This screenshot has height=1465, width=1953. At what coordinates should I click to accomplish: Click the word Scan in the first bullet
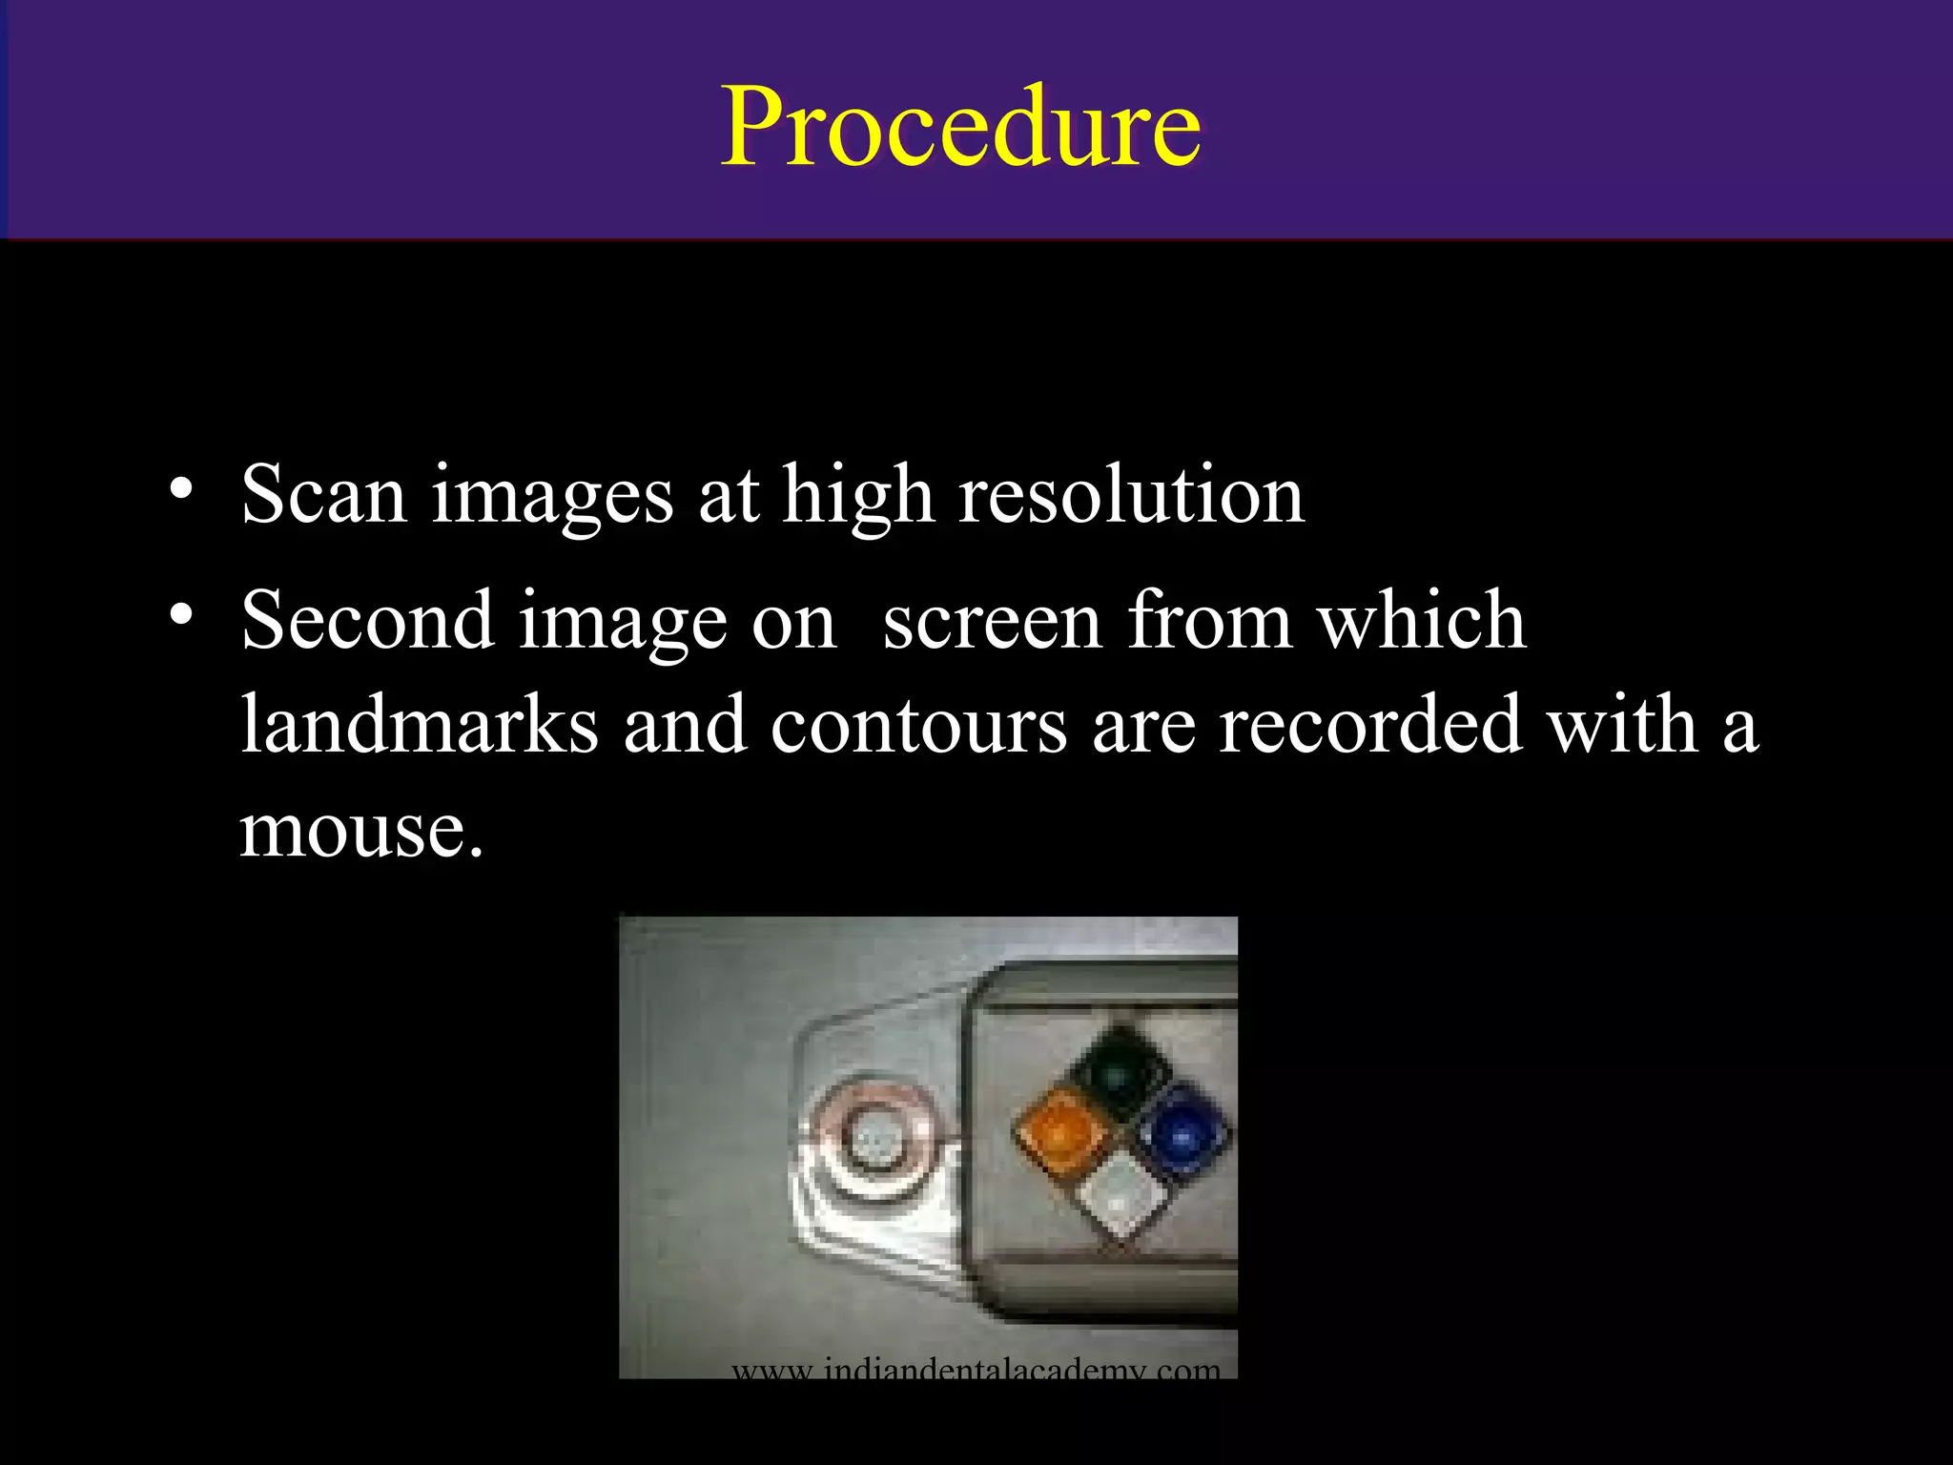coord(324,494)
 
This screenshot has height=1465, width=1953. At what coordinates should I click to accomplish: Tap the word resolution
coord(1131,494)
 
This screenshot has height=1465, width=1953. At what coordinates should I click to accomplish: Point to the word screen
coord(993,622)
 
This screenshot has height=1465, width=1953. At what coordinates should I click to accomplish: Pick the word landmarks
coord(420,725)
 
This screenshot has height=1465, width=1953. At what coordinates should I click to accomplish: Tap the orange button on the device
coord(1057,1131)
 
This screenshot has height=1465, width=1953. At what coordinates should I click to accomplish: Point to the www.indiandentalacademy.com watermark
coord(976,1370)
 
